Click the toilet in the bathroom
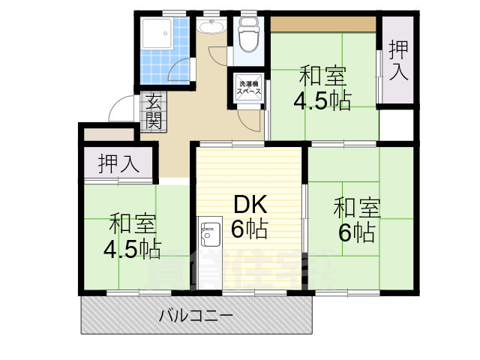(x=247, y=37)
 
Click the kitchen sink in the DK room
(x=208, y=233)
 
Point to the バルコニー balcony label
(x=195, y=316)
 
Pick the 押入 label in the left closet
(x=119, y=164)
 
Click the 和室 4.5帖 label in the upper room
(x=323, y=88)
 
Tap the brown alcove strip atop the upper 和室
(x=322, y=23)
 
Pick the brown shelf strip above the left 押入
(x=109, y=134)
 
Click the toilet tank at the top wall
(x=247, y=22)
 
